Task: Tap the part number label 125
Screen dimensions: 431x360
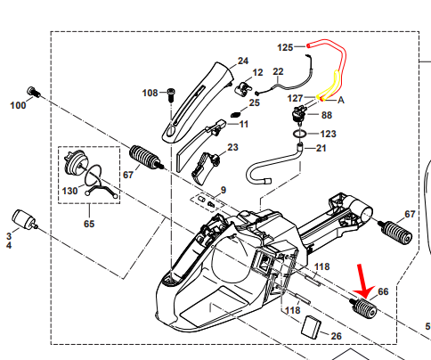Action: click(285, 47)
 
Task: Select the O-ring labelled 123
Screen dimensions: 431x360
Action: click(300, 134)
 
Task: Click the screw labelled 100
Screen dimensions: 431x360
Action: click(33, 92)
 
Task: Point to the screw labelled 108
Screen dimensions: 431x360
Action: click(171, 94)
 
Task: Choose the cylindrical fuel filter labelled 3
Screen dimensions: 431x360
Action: click(24, 220)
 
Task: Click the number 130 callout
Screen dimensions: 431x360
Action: click(69, 191)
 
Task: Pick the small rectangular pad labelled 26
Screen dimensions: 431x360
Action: click(311, 327)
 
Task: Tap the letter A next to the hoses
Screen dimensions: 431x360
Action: click(341, 101)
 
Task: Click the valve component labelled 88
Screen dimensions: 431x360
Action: click(299, 114)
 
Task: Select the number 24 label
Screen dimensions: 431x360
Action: click(243, 61)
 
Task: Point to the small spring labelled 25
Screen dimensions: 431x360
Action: click(236, 114)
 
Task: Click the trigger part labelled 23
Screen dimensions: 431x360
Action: click(206, 168)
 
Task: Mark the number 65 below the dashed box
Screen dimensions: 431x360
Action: click(89, 224)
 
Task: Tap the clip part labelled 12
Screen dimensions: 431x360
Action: click(245, 89)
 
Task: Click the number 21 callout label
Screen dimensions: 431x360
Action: click(321, 148)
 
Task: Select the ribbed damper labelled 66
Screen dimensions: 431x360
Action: click(364, 309)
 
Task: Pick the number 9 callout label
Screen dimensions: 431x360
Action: click(224, 190)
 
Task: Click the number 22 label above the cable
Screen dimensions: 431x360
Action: click(278, 71)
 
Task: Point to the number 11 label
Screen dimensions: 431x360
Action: click(244, 124)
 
